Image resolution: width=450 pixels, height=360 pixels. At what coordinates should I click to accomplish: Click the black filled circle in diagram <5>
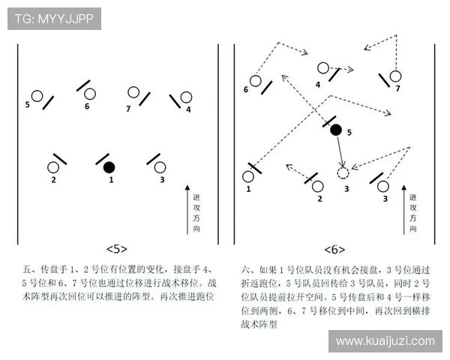[x=109, y=166]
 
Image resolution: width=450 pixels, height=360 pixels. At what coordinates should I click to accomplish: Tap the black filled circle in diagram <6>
[x=336, y=130]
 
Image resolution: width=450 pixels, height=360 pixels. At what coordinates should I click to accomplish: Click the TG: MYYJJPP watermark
[x=54, y=19]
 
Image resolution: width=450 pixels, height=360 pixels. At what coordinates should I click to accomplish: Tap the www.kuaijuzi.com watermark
[x=385, y=341]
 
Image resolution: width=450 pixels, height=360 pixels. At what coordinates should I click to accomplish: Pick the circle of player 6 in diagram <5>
[x=90, y=94]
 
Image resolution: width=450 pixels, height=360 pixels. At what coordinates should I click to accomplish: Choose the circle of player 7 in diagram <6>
[x=395, y=76]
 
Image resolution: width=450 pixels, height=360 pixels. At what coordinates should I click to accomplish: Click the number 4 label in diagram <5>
[x=188, y=109]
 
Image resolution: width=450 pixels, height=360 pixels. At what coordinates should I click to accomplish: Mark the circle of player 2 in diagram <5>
[x=53, y=167]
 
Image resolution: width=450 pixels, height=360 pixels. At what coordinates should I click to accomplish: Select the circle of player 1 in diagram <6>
[x=248, y=177]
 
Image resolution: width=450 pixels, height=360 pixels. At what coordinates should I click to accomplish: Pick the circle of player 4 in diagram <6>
[x=323, y=68]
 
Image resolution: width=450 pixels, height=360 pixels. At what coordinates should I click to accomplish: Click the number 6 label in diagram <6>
[x=246, y=89]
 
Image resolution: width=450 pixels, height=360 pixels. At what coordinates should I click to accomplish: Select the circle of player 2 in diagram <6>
[x=317, y=186]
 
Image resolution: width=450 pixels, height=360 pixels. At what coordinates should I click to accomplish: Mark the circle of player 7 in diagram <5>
[x=133, y=93]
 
